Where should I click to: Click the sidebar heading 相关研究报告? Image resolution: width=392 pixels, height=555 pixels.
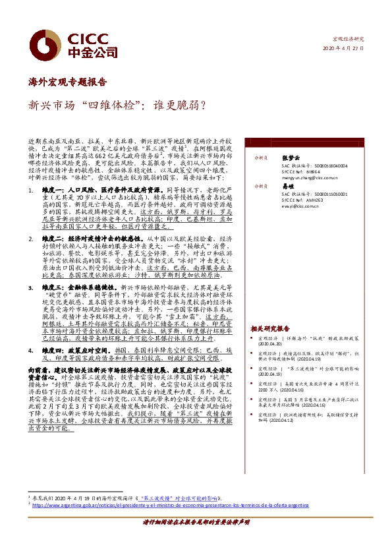pyautogui.click(x=269, y=328)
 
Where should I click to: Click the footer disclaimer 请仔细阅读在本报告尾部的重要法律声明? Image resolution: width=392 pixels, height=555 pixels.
pyautogui.click(x=196, y=540)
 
